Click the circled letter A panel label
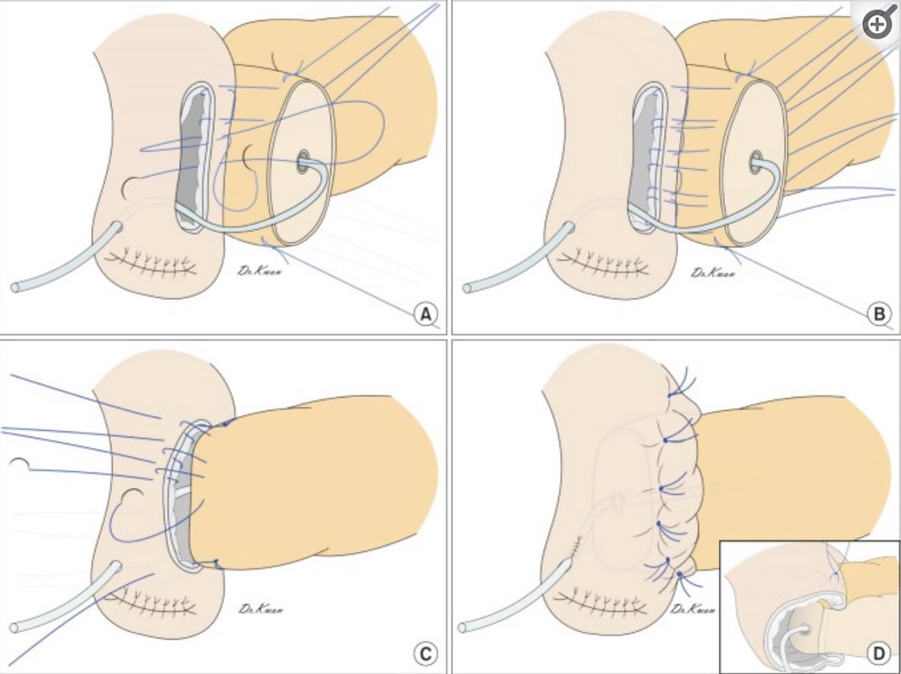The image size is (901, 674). point(427,316)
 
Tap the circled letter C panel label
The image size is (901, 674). point(424,654)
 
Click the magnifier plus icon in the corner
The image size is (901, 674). point(876,25)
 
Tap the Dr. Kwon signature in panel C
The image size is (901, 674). point(260,608)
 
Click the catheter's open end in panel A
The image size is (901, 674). point(15,287)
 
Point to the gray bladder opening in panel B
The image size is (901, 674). point(643,158)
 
